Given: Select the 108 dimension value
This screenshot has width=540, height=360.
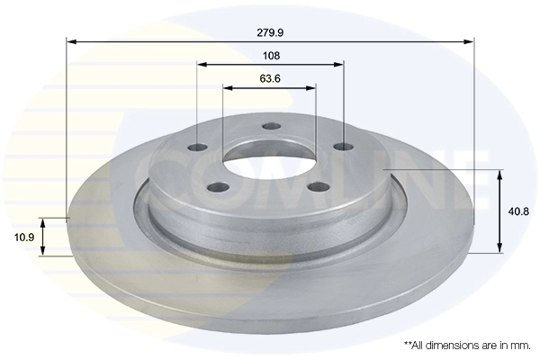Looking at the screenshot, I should point(271,55).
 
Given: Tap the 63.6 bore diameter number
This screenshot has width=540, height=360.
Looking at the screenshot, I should point(270,78).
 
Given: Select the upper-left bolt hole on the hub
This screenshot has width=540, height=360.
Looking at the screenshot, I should point(199,148).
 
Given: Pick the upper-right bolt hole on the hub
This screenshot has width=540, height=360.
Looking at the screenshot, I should point(339,147).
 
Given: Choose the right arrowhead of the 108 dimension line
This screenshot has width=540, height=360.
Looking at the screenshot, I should point(339,65).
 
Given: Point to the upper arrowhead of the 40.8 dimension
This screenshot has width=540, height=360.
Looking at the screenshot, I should point(500,174).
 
